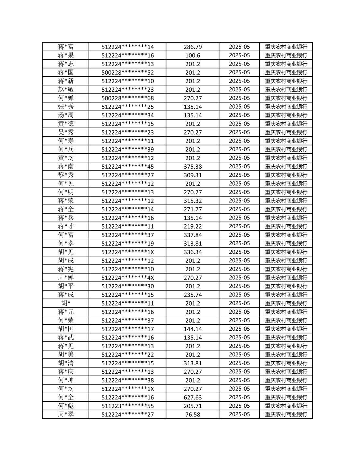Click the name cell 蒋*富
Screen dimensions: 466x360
pos(66,47)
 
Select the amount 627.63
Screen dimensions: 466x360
pos(193,397)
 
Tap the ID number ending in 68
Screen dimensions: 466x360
pos(127,98)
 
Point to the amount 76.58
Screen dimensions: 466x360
pos(193,414)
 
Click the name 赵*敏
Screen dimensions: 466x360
pos(66,89)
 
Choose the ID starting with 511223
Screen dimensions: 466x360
pos(127,406)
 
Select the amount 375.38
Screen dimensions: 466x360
pos(193,166)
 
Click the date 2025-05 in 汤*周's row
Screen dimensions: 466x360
pos(239,115)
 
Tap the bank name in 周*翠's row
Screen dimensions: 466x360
pos(286,414)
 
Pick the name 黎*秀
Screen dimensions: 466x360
pos(66,175)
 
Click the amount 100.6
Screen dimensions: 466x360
pos(193,55)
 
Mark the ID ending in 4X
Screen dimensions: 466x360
pos(127,278)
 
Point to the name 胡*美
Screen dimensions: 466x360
pos(66,354)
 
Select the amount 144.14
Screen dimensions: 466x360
pos(193,329)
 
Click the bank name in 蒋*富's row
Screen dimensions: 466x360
pos(286,47)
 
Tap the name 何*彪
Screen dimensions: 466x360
pos(66,406)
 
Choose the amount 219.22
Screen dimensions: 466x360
pos(193,226)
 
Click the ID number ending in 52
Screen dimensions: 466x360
pos(127,72)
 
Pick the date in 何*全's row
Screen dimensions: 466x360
pos(239,397)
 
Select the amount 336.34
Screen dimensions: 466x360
pos(193,252)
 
